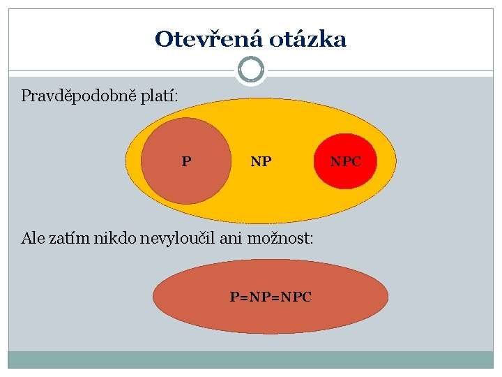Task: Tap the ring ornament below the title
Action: (251, 70)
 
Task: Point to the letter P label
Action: (186, 162)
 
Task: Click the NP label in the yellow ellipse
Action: (261, 162)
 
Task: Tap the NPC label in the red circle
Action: (346, 162)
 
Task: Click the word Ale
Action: (33, 238)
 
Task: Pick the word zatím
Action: (69, 238)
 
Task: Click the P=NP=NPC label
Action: (271, 297)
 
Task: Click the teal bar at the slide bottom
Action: (251, 359)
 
